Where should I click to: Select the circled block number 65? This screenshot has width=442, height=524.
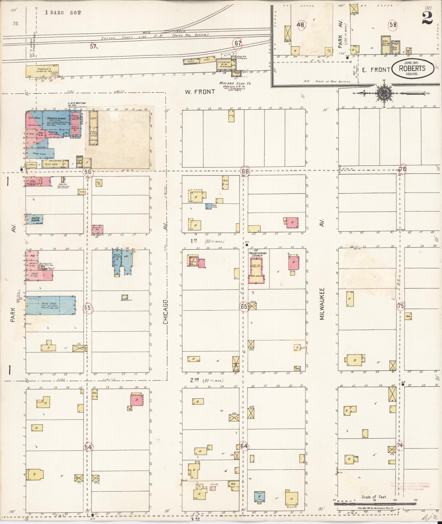click(x=244, y=307)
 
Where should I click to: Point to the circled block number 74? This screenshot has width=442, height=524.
click(x=400, y=446)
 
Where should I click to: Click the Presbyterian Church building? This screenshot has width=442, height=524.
click(x=256, y=270)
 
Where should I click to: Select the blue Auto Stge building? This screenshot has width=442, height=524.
click(x=51, y=305)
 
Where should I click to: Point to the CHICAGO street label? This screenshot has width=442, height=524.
click(x=165, y=311)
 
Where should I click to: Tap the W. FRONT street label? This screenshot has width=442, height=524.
click(x=199, y=91)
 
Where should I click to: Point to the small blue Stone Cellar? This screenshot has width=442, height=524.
click(x=209, y=206)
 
